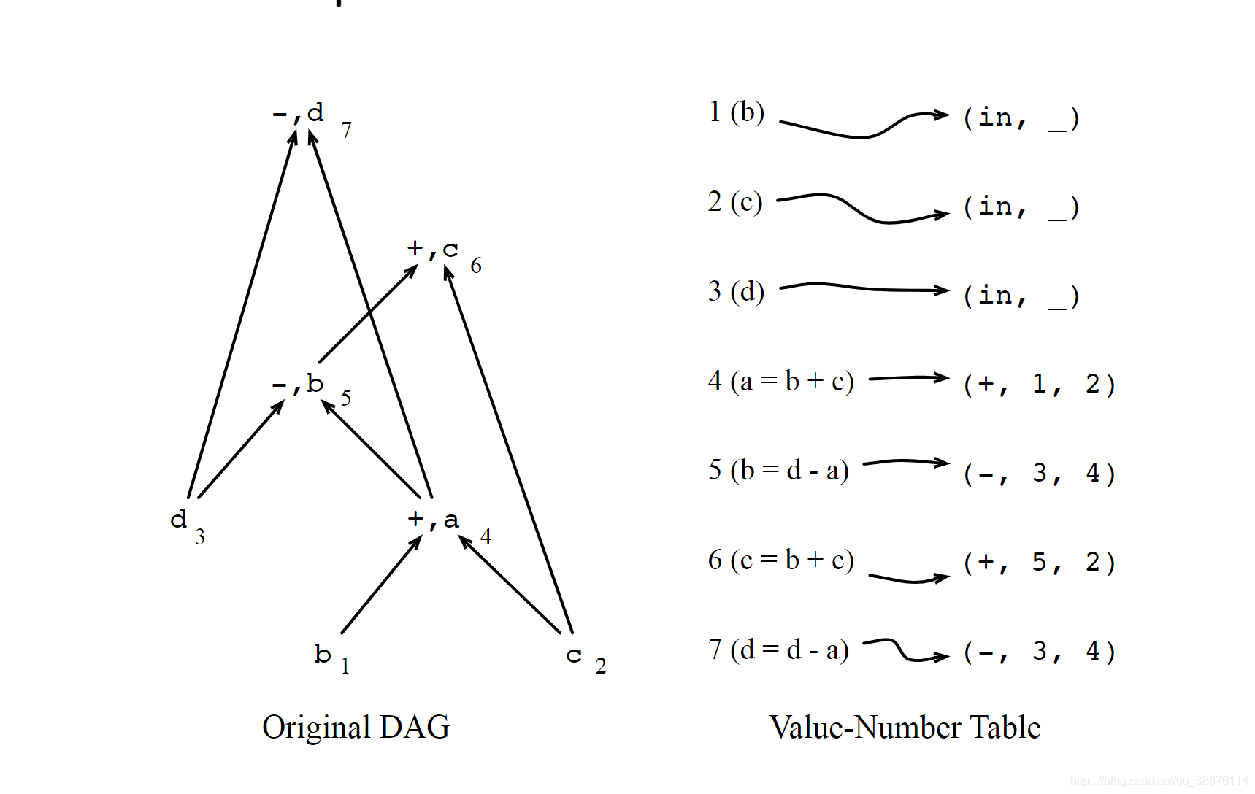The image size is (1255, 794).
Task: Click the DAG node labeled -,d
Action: pos(298,113)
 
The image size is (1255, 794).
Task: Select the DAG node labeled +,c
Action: pos(433,249)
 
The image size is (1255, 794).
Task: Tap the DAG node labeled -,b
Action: pos(297,383)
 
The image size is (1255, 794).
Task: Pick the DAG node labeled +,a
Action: pos(433,519)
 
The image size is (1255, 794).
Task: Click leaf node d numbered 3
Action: pos(179,519)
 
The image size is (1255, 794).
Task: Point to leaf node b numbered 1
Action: pos(323,653)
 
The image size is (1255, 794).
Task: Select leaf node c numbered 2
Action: pos(574,655)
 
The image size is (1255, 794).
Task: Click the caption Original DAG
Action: pos(356,727)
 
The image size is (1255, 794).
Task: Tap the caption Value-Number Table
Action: pos(905,727)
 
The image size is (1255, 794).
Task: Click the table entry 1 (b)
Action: pos(736,112)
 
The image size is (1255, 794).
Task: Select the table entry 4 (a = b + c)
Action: pos(780,381)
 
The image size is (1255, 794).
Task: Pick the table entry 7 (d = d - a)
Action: pos(778,650)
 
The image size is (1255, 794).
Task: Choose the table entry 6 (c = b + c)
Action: pos(780,560)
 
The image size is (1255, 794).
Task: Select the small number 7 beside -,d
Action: pos(346,130)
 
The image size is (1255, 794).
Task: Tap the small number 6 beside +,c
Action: pos(476,266)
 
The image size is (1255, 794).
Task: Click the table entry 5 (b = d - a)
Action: pos(778,470)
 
